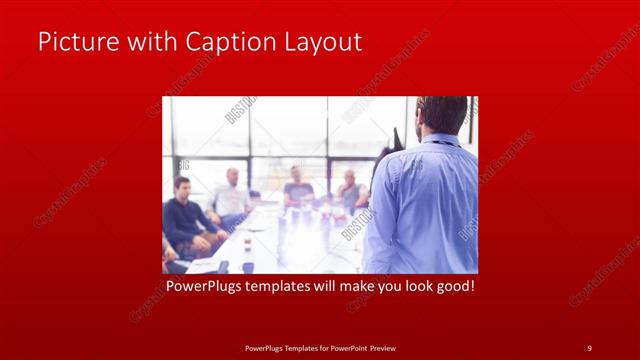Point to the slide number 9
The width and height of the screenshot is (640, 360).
coord(589,348)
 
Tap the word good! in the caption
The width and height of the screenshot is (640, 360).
coord(452,287)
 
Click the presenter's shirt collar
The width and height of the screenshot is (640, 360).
coord(440,139)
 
